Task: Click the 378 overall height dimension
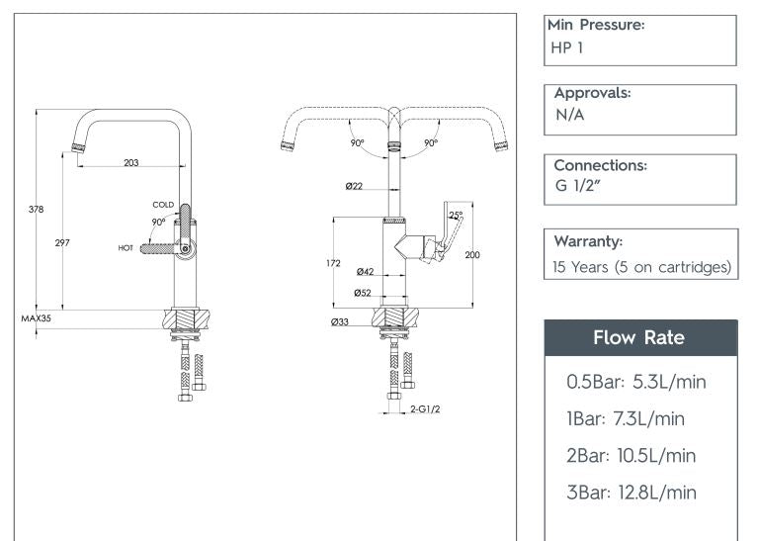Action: pos(36,209)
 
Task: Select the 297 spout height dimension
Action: pos(62,243)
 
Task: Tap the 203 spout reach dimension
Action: pos(131,162)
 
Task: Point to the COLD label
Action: pos(163,205)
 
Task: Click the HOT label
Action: pos(126,248)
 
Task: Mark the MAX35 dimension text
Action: pos(37,318)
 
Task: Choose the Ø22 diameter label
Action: pos(354,186)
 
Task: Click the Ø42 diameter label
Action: pos(365,272)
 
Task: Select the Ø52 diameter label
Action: pos(363,292)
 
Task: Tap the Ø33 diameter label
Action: pos(341,321)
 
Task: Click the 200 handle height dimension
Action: pos(472,255)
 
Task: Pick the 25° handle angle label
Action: pos(456,215)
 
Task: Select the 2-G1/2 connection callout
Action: pos(425,408)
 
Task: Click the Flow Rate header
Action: pos(638,337)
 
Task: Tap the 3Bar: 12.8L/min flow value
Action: pos(632,492)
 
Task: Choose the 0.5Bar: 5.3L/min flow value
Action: pos(636,382)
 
